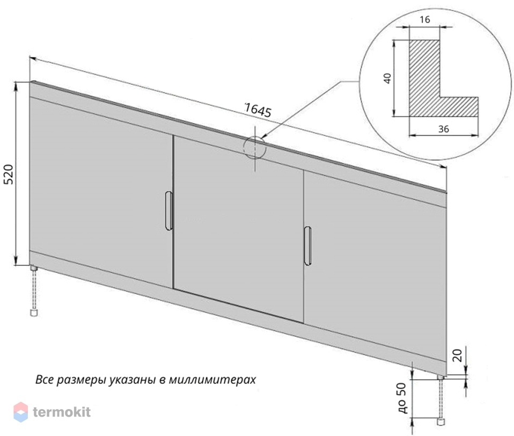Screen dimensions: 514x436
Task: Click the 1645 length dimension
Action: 258,110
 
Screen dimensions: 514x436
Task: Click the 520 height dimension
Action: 9,174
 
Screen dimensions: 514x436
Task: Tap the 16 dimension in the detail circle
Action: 424,20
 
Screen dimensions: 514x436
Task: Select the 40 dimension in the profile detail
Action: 387,78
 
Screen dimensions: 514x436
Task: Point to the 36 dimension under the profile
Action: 444,129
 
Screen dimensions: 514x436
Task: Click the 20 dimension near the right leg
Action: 458,355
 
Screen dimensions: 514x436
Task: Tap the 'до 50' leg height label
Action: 402,398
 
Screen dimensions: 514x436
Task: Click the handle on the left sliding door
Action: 168,210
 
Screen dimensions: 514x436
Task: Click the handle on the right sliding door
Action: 307,245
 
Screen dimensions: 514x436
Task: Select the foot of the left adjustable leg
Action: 33,313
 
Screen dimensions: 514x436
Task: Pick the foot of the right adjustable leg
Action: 441,422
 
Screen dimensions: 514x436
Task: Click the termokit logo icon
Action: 20,412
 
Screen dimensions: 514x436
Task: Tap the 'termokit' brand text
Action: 62,412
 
